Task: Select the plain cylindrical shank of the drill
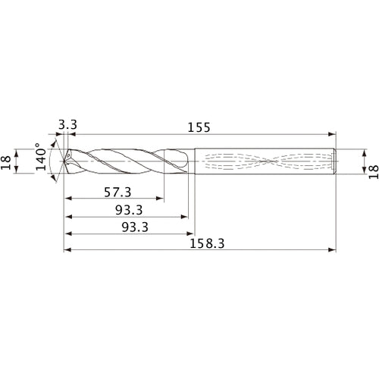point(265,161)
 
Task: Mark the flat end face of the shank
point(336,161)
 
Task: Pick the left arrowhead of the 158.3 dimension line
point(67,249)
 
